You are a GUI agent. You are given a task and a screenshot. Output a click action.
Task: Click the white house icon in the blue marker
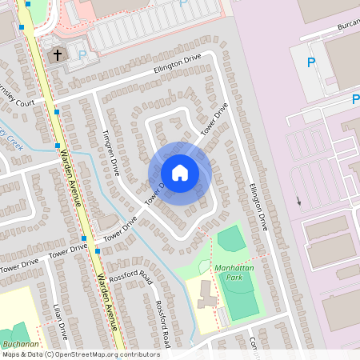pos(180,173)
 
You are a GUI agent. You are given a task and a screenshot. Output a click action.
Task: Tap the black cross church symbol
pos(56,55)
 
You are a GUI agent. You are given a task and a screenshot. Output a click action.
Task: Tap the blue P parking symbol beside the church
pos(82,55)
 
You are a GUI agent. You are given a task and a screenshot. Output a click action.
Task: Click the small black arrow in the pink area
pos(298,200)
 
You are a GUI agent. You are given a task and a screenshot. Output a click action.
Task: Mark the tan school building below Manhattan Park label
pos(206,294)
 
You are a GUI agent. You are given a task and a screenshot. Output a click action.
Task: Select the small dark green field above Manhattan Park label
pos(230,238)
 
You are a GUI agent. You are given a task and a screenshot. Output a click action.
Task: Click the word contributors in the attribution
pos(138,354)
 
